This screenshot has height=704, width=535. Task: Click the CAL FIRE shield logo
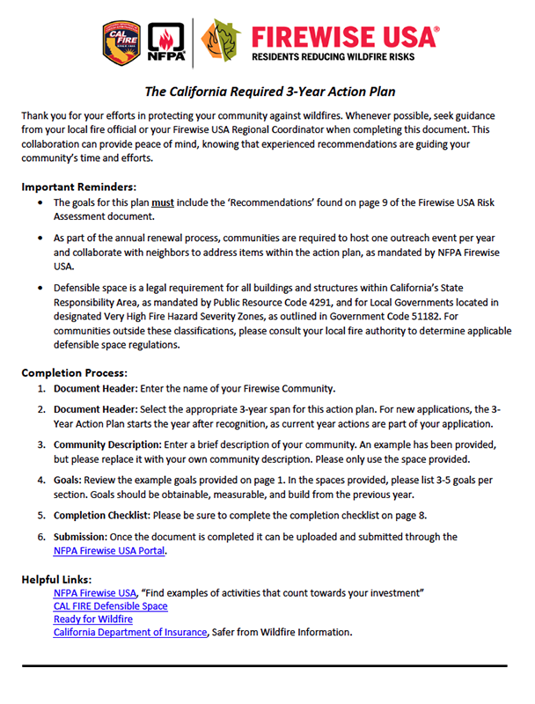point(122,42)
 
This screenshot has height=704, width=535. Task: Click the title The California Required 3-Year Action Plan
point(270,92)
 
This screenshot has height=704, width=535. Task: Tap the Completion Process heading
point(75,372)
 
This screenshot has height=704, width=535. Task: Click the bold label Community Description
point(106,444)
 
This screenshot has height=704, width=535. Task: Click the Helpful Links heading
point(56,579)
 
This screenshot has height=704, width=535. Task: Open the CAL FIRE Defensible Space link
point(110,606)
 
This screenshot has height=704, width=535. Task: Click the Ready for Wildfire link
point(92,620)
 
